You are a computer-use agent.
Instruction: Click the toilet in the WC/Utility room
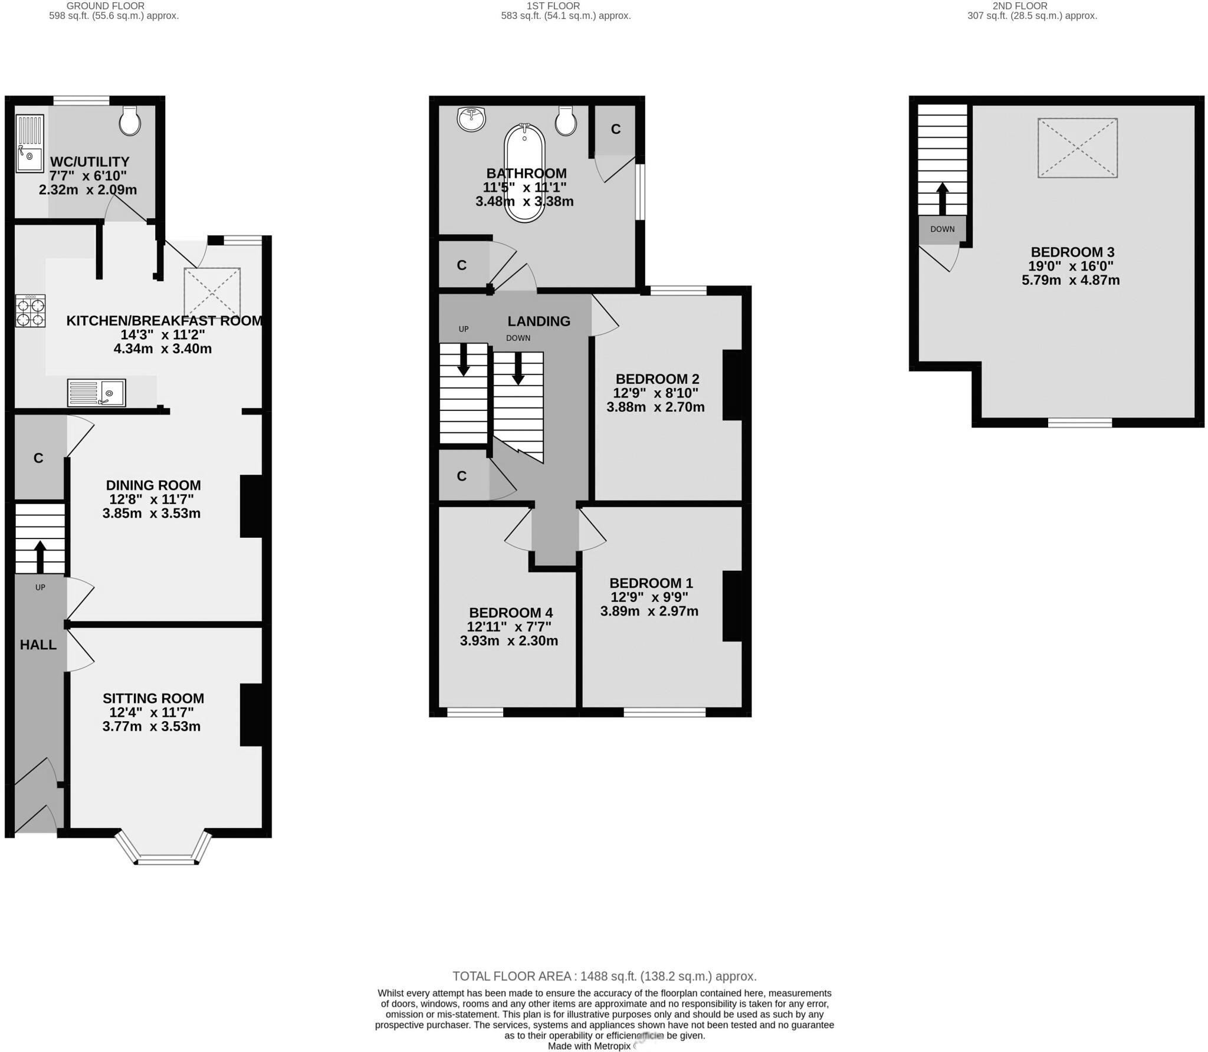click(130, 121)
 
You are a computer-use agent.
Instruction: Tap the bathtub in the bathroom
click(524, 173)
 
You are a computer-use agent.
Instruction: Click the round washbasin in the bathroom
click(471, 119)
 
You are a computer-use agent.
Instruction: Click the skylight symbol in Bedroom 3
click(1077, 148)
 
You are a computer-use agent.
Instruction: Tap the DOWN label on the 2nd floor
click(942, 229)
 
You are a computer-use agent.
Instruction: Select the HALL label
click(38, 645)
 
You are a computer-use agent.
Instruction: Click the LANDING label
click(539, 321)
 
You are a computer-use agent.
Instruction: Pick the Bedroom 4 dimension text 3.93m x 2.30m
click(508, 641)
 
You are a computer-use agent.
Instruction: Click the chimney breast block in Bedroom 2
click(733, 384)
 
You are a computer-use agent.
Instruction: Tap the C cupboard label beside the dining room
click(38, 458)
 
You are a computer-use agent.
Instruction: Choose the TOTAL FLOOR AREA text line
click(604, 976)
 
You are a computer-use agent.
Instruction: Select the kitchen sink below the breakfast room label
click(96, 392)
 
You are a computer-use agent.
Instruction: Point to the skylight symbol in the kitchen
click(212, 292)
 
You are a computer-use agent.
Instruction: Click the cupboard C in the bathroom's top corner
click(615, 129)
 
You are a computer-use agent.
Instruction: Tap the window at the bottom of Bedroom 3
click(1079, 422)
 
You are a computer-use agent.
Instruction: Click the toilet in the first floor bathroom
click(566, 121)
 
